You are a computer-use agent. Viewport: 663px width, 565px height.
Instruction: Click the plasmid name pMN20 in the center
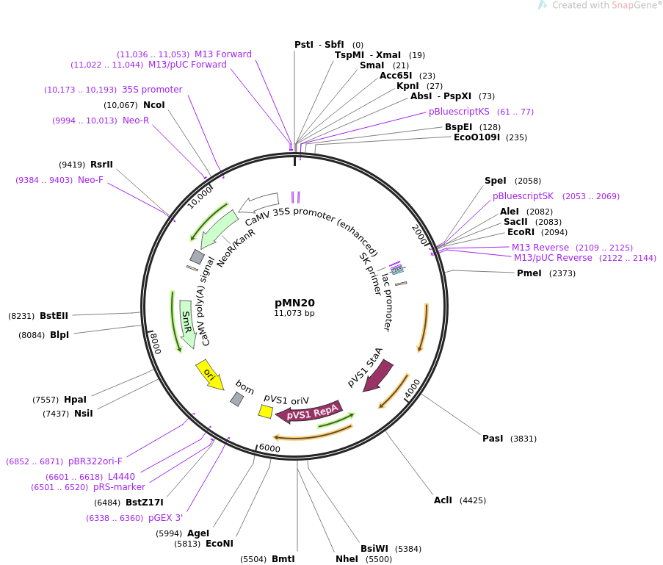tap(294, 302)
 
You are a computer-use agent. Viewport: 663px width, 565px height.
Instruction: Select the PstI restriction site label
tap(304, 45)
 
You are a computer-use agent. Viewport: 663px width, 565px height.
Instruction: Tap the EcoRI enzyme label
tap(521, 232)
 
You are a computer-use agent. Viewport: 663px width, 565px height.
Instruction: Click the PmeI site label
tap(529, 273)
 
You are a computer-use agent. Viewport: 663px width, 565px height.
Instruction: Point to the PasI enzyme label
tap(493, 439)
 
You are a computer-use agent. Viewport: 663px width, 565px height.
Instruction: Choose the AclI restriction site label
tap(443, 500)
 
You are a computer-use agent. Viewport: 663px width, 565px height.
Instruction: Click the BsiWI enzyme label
tap(374, 549)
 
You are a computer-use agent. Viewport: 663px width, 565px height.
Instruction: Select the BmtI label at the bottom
tap(283, 559)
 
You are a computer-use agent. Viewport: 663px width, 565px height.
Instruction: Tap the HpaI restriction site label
tap(75, 400)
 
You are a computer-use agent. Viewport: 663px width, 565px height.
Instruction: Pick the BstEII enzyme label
tap(54, 316)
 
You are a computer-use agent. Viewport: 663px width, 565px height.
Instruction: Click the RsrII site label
tap(101, 165)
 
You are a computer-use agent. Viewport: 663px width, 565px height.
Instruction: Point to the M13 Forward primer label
tap(222, 54)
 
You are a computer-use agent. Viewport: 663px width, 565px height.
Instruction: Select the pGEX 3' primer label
tap(165, 518)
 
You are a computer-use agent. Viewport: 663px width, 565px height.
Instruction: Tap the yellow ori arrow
tap(210, 375)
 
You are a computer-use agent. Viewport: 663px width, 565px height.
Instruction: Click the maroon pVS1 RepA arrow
tap(308, 414)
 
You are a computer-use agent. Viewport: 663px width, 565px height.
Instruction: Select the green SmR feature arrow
tap(186, 324)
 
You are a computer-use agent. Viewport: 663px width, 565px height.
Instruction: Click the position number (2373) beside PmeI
tap(562, 273)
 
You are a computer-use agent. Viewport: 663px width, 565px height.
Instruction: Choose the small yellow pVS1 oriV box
tap(266, 411)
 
